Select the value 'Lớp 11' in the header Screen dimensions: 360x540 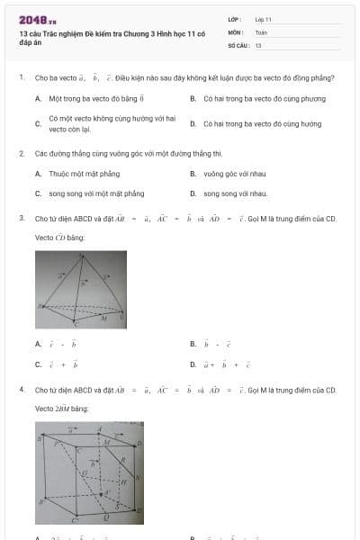(x=264, y=19)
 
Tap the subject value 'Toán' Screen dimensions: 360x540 (x=261, y=31)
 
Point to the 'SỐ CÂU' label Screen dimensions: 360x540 (x=238, y=44)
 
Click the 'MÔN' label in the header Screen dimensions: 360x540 (x=235, y=31)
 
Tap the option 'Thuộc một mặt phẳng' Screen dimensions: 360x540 (x=85, y=173)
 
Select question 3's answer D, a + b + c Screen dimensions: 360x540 (x=227, y=364)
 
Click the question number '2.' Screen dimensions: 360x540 (x=21, y=154)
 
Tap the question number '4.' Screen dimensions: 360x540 (x=21, y=390)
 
